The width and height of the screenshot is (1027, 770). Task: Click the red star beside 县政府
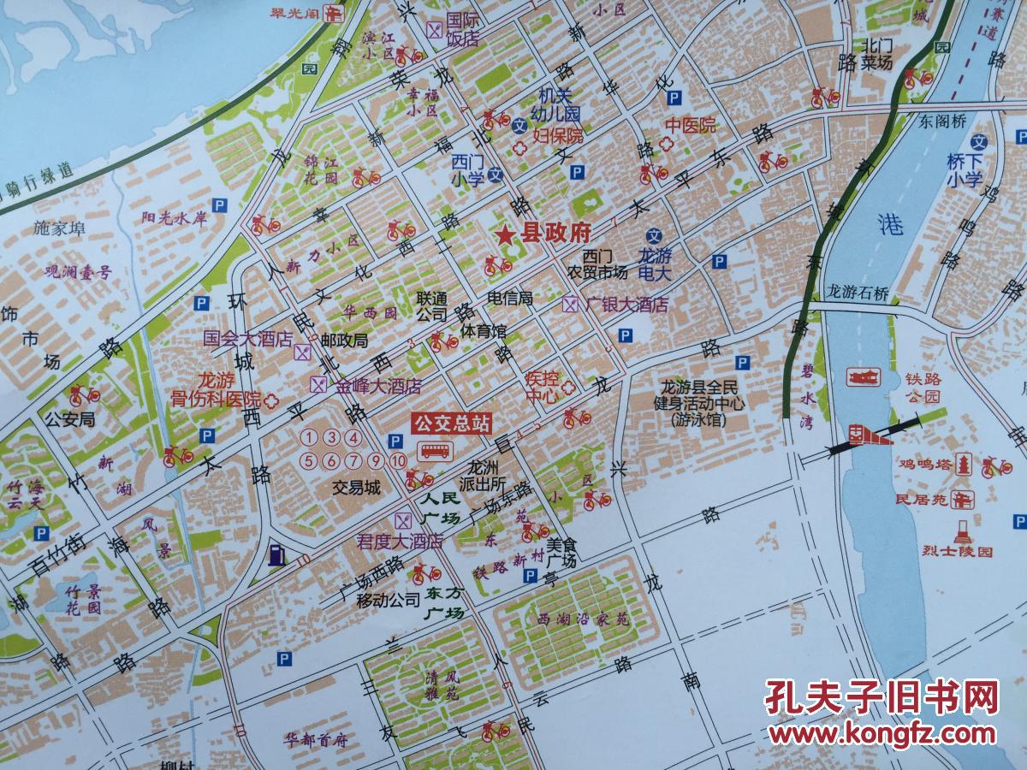click(x=506, y=233)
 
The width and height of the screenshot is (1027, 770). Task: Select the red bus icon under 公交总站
click(x=434, y=451)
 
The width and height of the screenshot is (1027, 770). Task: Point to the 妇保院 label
click(x=558, y=135)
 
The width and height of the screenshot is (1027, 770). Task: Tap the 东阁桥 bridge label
click(x=944, y=121)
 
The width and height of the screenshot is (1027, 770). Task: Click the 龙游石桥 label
click(x=860, y=292)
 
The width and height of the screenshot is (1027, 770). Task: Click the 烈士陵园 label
click(x=963, y=552)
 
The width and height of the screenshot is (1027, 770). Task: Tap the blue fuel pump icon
click(x=276, y=554)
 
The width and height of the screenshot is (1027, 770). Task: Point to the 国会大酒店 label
click(x=247, y=338)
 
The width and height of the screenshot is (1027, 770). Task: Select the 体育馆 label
click(x=484, y=330)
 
